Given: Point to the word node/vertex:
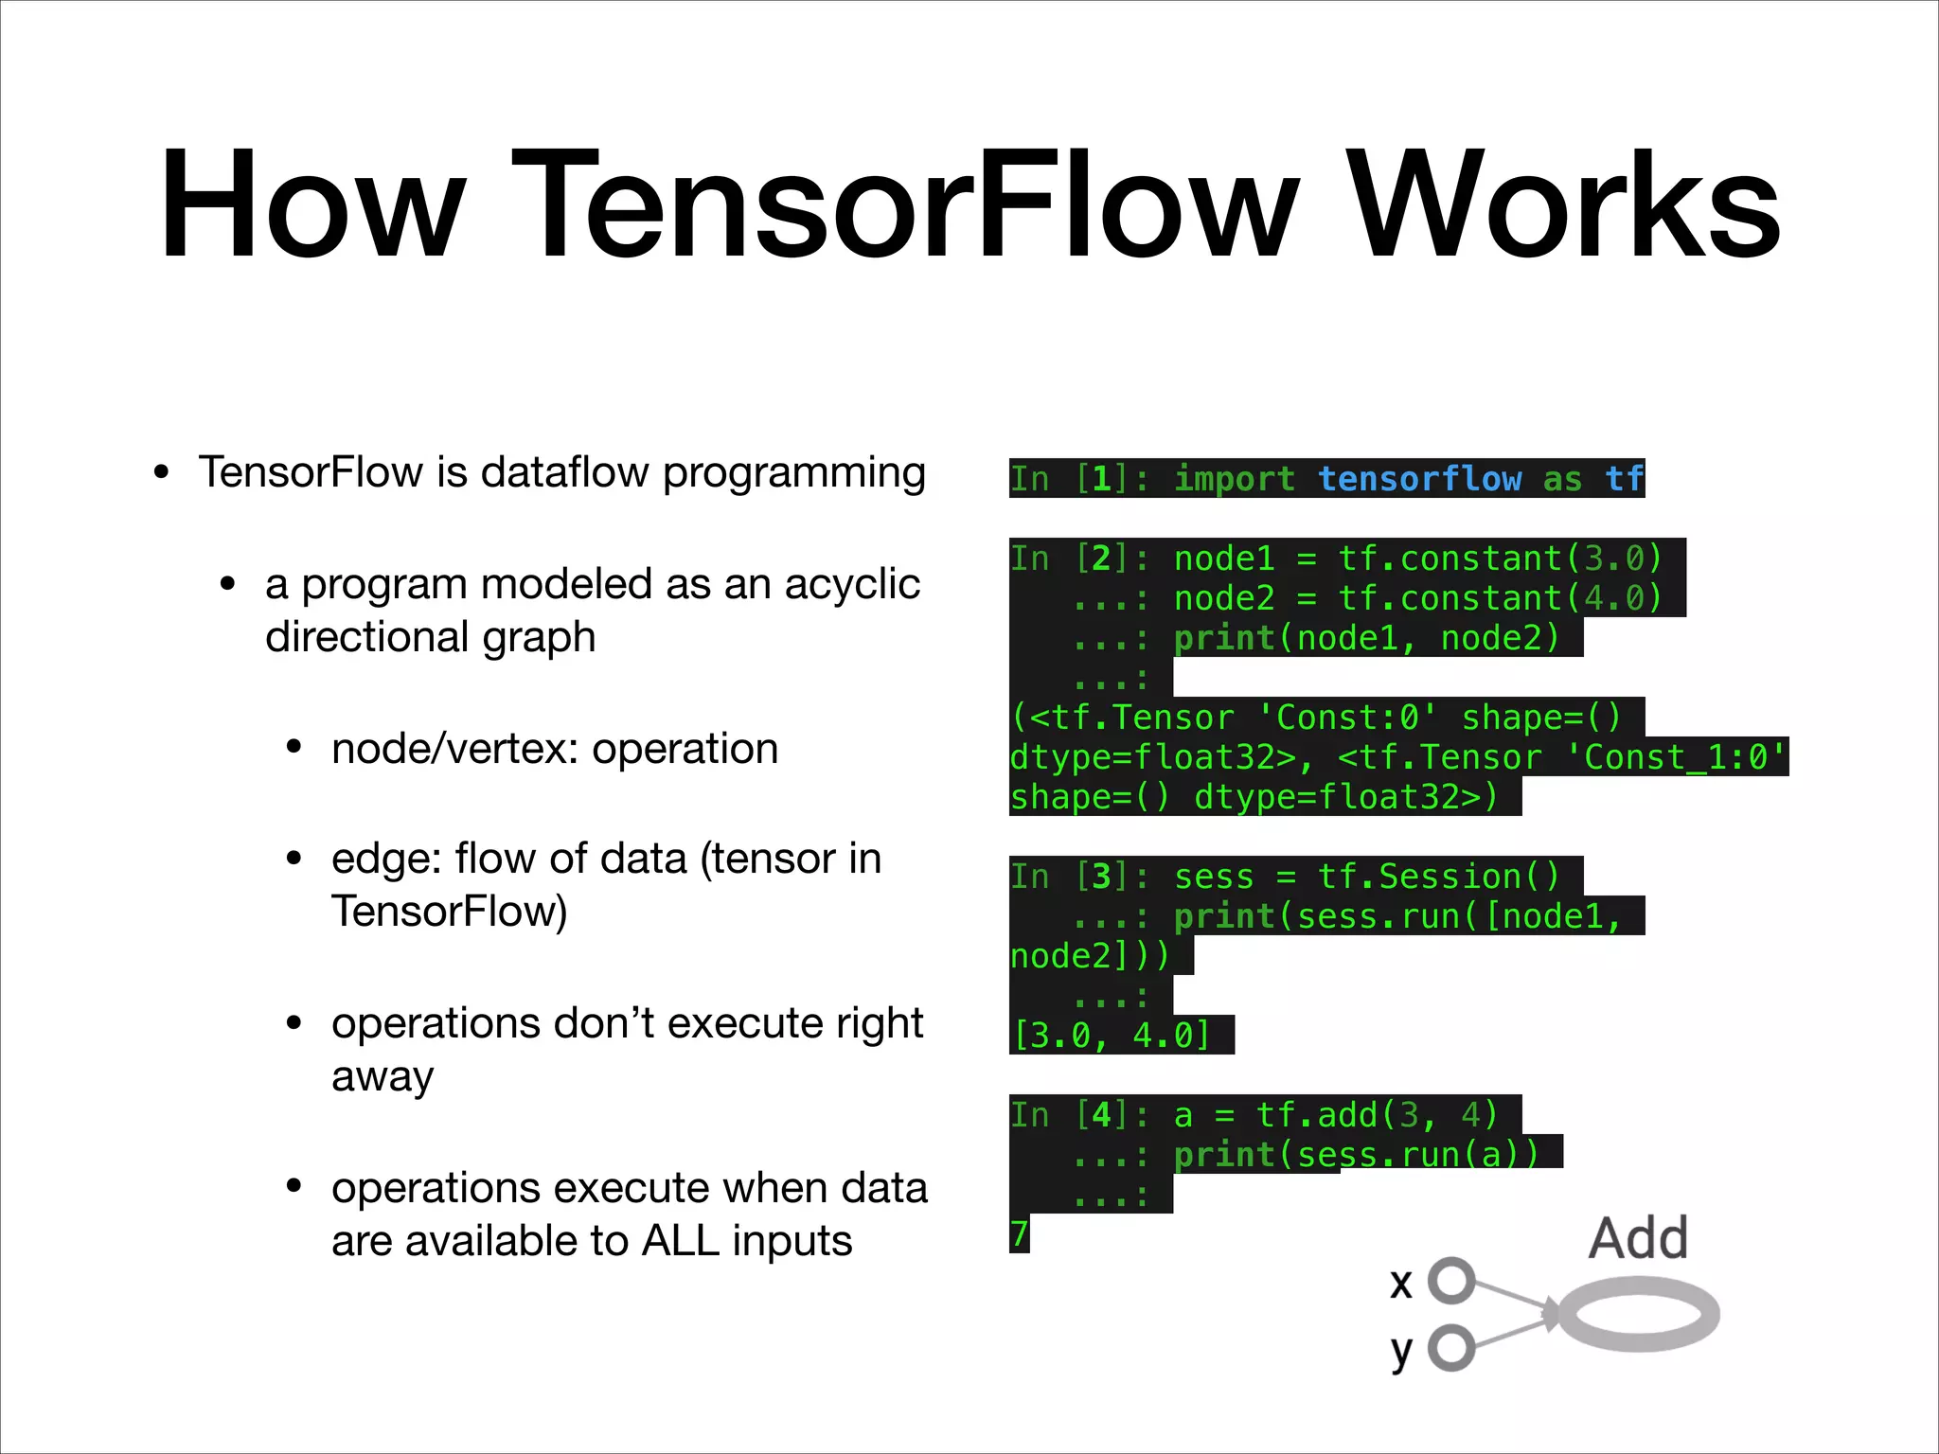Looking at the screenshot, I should coord(454,749).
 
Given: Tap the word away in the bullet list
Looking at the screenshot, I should coord(382,1077).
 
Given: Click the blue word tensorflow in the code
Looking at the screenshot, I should coord(1420,479).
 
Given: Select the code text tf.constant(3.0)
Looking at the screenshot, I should coord(1500,559).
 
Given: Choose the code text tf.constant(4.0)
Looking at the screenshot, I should coord(1500,598).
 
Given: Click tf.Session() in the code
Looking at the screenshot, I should coord(1438,877).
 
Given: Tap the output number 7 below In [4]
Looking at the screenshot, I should coord(1020,1234).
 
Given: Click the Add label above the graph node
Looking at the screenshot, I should coord(1638,1238).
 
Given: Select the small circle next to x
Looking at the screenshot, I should coord(1451,1281).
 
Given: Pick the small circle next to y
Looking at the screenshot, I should coord(1451,1347).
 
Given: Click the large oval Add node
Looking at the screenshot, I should coord(1639,1314).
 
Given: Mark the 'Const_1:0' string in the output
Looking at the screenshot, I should coord(1675,757).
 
